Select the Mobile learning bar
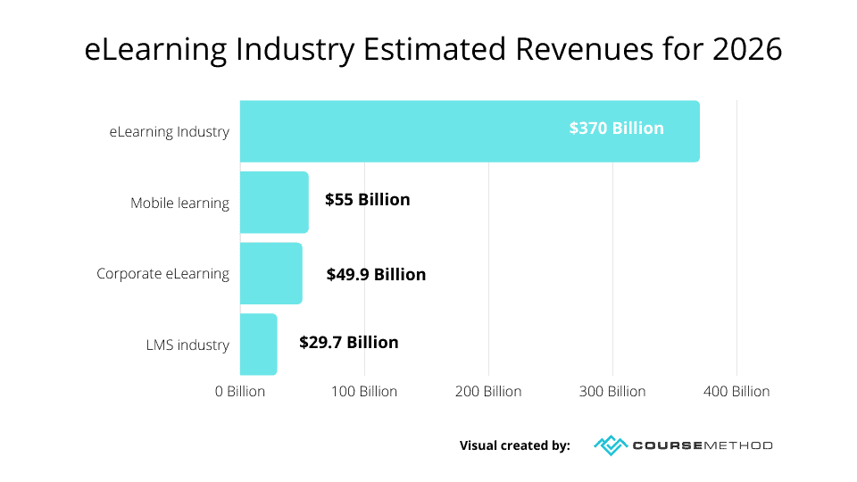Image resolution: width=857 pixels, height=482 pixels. click(x=274, y=203)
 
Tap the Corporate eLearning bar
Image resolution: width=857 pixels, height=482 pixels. click(x=271, y=273)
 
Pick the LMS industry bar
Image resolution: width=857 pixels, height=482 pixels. click(x=259, y=345)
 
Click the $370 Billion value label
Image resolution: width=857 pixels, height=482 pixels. click(x=616, y=129)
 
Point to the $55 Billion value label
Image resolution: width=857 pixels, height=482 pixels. click(x=367, y=200)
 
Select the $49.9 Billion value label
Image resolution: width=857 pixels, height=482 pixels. click(x=376, y=274)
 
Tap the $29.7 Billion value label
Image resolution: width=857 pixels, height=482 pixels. click(x=349, y=343)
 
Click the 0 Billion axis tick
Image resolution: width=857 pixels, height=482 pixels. click(x=240, y=392)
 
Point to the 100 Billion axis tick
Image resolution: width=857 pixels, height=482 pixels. click(x=364, y=392)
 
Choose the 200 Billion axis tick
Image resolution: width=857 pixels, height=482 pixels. click(x=488, y=392)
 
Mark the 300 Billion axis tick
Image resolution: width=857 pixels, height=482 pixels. click(x=612, y=392)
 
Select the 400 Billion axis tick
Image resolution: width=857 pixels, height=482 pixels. click(x=736, y=392)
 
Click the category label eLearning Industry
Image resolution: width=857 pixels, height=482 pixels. click(x=170, y=132)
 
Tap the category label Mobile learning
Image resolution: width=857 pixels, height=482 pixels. click(x=179, y=203)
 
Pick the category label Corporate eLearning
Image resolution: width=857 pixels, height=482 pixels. click(x=162, y=274)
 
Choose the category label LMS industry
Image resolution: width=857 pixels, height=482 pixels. click(x=187, y=345)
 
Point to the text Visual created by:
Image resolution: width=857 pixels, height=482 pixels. click(x=514, y=445)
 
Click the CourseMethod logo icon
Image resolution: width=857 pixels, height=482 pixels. click(x=611, y=445)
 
